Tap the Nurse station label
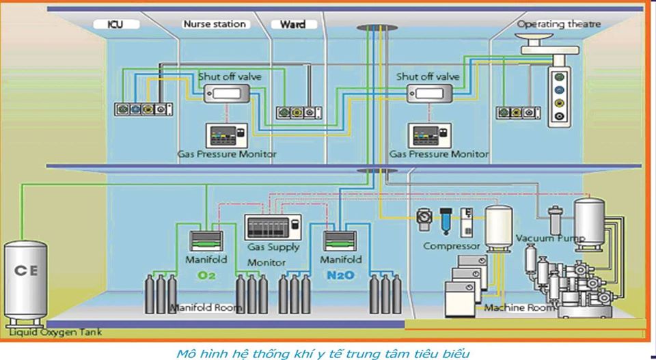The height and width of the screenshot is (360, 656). [214, 24]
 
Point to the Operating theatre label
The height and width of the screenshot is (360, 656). [558, 24]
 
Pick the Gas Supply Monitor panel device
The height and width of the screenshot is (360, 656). [273, 227]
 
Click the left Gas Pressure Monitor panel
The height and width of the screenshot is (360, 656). [226, 135]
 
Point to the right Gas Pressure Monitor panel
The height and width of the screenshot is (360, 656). [428, 135]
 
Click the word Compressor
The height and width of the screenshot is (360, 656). [451, 245]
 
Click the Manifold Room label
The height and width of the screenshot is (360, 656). [206, 308]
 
